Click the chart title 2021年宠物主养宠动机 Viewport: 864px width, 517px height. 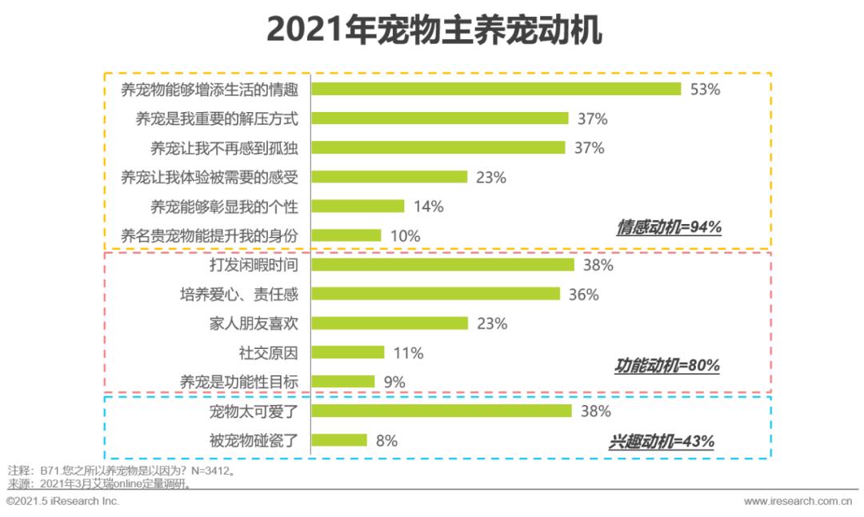(x=433, y=31)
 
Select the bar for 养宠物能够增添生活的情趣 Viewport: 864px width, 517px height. (x=496, y=89)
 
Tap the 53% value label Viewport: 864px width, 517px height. (x=705, y=89)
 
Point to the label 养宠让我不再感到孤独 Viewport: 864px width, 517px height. (x=224, y=148)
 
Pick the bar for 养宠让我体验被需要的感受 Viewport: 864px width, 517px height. (x=389, y=177)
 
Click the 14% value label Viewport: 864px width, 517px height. (x=428, y=206)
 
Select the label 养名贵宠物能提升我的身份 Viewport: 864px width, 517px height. (x=209, y=235)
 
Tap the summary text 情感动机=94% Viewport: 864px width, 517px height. (x=669, y=227)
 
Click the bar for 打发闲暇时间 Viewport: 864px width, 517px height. (x=442, y=265)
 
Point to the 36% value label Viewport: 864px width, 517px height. (x=583, y=295)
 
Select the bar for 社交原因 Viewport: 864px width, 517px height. (x=347, y=353)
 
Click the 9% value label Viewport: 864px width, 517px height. (x=394, y=382)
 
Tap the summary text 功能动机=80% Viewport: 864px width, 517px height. (x=667, y=366)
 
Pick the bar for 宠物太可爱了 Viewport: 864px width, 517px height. (x=442, y=411)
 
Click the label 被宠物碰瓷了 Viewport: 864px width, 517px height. (x=254, y=440)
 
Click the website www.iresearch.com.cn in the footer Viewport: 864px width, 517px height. (x=798, y=502)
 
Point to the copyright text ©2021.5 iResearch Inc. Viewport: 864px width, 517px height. (x=62, y=501)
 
